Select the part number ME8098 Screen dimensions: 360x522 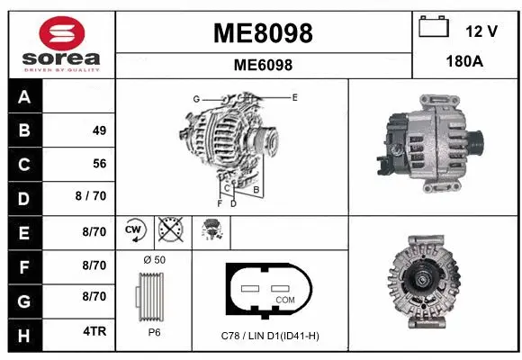[263, 33]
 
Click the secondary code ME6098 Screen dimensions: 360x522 [263, 65]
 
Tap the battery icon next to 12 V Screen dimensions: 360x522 [434, 27]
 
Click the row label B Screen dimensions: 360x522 [23, 130]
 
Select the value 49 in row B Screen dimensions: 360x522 [99, 130]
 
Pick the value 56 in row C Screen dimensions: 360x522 [99, 164]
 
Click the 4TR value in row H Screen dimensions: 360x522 [95, 331]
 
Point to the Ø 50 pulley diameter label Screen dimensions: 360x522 [154, 260]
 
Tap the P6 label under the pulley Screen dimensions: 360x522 [153, 330]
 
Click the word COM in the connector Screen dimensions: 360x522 [284, 299]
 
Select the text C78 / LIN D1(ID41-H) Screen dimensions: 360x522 [270, 336]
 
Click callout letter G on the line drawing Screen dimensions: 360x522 [195, 98]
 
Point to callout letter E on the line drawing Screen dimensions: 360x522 [294, 95]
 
